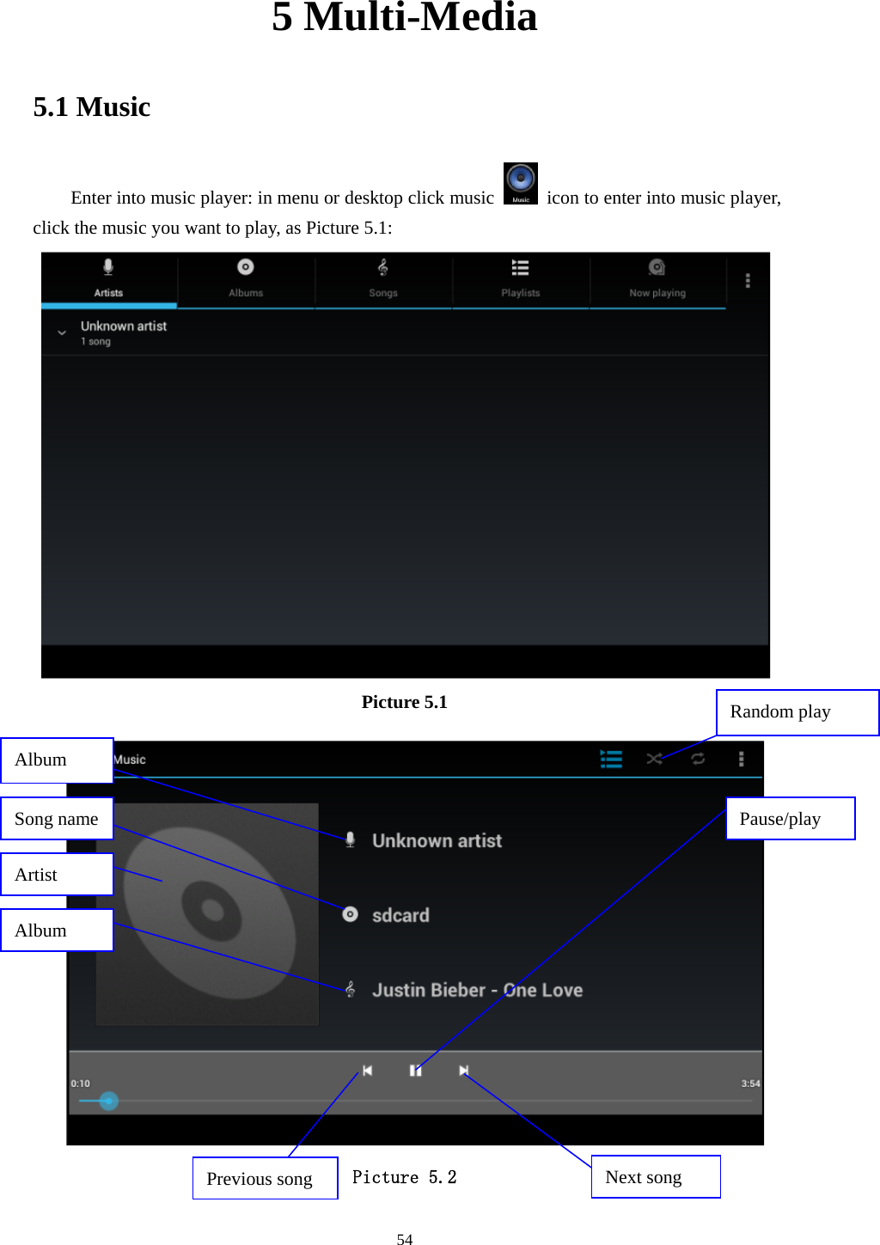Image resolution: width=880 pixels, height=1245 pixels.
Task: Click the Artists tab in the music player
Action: pyautogui.click(x=108, y=279)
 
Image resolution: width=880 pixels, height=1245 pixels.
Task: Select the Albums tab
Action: pyautogui.click(x=246, y=279)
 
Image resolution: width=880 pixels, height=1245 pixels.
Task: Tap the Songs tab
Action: pyautogui.click(x=383, y=279)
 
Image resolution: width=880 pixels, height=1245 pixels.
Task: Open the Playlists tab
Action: pyautogui.click(x=521, y=279)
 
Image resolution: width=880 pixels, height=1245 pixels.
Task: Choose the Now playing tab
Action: pyautogui.click(x=657, y=279)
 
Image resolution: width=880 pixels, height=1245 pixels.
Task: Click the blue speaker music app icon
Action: pyautogui.click(x=521, y=183)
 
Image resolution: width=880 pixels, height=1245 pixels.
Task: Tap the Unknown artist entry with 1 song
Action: pyautogui.click(x=124, y=333)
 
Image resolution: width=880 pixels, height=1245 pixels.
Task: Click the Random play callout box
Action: pyautogui.click(x=797, y=712)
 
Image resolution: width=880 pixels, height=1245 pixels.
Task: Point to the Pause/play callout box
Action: pyautogui.click(x=790, y=819)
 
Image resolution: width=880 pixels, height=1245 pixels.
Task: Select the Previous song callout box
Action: pyautogui.click(x=265, y=1178)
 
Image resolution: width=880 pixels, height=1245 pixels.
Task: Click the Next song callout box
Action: pyautogui.click(x=655, y=1177)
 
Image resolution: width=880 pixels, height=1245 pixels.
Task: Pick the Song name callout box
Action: pyautogui.click(x=58, y=819)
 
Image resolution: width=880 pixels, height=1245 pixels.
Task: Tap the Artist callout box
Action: pyautogui.click(x=58, y=875)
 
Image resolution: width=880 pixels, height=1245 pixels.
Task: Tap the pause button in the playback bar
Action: pyautogui.click(x=416, y=1071)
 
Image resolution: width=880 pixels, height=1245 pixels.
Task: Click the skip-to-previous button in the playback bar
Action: pyautogui.click(x=368, y=1071)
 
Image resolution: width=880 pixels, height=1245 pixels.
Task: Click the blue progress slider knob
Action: pyautogui.click(x=109, y=1101)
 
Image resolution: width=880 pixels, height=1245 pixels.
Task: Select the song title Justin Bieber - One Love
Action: pyautogui.click(x=477, y=991)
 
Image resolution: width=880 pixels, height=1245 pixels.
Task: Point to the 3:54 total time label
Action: pyautogui.click(x=750, y=1084)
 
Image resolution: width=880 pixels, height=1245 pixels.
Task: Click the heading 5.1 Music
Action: pyautogui.click(x=92, y=107)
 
